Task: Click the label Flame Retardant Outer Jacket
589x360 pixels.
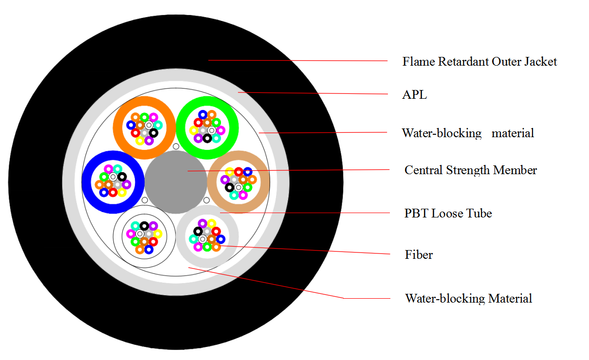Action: click(x=479, y=62)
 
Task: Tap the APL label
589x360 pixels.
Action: click(x=414, y=95)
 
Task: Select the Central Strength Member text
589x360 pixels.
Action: click(x=471, y=170)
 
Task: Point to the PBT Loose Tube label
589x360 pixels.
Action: click(x=448, y=214)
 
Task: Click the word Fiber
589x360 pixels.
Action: click(x=419, y=254)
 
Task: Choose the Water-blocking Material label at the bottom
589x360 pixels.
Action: click(x=468, y=298)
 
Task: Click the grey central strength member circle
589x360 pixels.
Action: click(x=176, y=181)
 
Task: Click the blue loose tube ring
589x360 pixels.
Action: click(x=88, y=181)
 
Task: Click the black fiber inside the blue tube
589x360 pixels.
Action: click(x=122, y=177)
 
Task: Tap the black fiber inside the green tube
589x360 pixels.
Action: click(x=207, y=139)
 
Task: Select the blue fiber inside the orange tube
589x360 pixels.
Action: click(x=130, y=125)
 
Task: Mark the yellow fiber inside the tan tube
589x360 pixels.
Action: click(x=229, y=171)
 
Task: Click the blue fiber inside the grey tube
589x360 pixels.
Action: click(x=221, y=239)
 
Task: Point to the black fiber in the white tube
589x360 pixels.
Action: click(x=144, y=226)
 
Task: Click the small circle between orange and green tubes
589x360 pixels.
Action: click(x=176, y=146)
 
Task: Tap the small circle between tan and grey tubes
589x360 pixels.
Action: click(x=206, y=200)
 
